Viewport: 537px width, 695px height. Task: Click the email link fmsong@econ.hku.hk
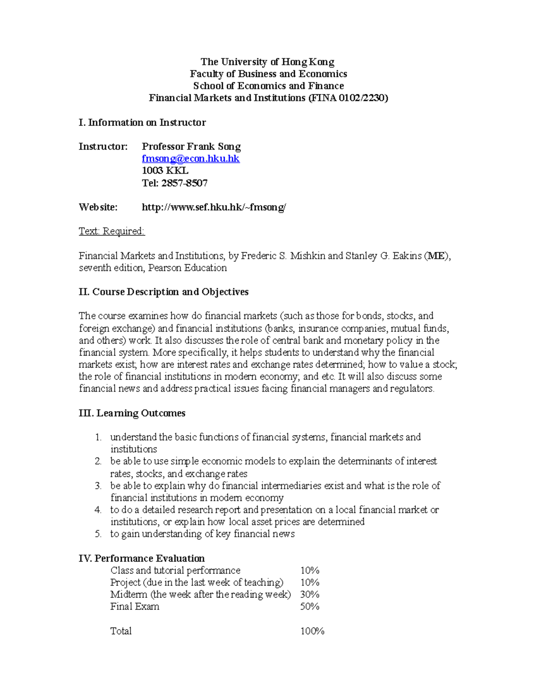click(191, 158)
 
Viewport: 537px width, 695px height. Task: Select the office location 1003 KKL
click(165, 171)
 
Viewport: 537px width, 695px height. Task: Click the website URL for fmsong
click(213, 207)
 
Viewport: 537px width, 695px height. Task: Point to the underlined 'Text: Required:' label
click(111, 231)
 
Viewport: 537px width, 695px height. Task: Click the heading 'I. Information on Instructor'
click(142, 122)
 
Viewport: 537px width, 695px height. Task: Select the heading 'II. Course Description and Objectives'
click(163, 292)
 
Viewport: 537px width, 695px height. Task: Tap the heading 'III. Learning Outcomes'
click(132, 413)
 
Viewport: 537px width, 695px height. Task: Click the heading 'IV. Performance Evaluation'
click(141, 558)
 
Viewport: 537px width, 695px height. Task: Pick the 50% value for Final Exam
click(310, 606)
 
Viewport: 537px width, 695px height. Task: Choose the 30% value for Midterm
click(310, 594)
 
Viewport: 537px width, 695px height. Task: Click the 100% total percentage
click(312, 631)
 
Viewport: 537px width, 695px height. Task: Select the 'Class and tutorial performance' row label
click(175, 570)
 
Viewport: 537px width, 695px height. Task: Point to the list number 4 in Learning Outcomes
click(98, 510)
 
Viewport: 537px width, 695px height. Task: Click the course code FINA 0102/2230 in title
click(348, 98)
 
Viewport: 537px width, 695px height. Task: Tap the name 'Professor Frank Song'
click(191, 146)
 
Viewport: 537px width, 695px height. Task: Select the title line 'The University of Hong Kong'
click(268, 62)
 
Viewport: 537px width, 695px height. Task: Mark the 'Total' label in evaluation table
click(121, 631)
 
